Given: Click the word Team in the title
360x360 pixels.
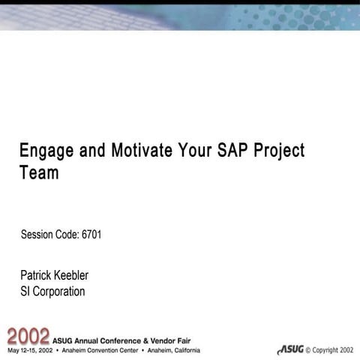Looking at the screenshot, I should [39, 173].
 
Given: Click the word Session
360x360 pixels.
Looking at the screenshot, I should [37, 235].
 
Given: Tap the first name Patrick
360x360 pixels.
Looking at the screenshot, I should [37, 275].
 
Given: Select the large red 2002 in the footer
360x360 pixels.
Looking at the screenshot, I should [28, 335].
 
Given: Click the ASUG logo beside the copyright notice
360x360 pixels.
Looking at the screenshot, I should [290, 349].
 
